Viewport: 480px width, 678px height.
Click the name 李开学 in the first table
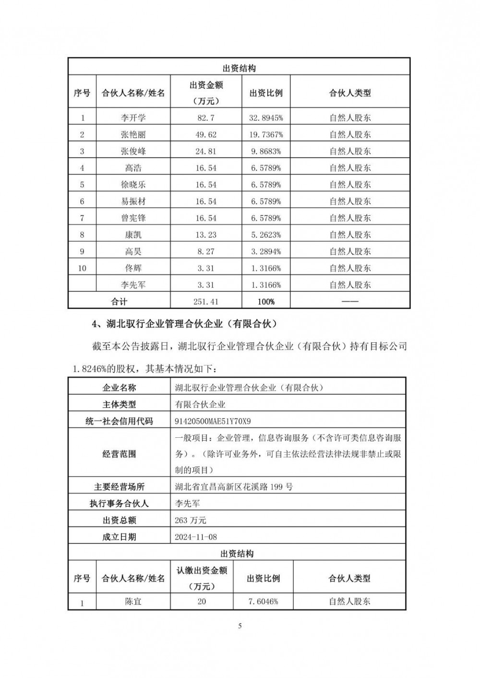coord(133,117)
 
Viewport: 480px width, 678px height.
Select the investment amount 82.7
coord(205,117)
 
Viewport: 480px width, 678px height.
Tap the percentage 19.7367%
coord(265,135)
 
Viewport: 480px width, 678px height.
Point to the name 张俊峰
coord(133,152)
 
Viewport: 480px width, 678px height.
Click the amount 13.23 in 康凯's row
coord(205,235)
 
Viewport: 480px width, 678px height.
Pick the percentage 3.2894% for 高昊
coord(265,252)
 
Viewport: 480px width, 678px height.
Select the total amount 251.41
coord(205,302)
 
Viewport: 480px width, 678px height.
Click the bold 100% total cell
coord(265,302)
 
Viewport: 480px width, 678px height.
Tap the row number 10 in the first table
coord(82,269)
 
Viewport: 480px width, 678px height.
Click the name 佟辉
coord(133,269)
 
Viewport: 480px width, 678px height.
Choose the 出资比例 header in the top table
coord(265,93)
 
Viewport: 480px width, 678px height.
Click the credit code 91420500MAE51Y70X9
coord(213,421)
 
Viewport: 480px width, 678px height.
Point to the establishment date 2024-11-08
coord(196,537)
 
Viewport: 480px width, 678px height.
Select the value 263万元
coord(191,520)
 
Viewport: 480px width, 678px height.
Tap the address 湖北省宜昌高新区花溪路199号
coord(234,487)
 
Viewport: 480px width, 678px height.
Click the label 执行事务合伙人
coord(119,503)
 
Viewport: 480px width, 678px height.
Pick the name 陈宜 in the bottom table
coord(133,601)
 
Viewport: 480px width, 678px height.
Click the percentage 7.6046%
coord(263,601)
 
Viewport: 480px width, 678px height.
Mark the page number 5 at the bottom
coord(240,625)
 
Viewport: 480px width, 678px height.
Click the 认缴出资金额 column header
coord(202,571)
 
